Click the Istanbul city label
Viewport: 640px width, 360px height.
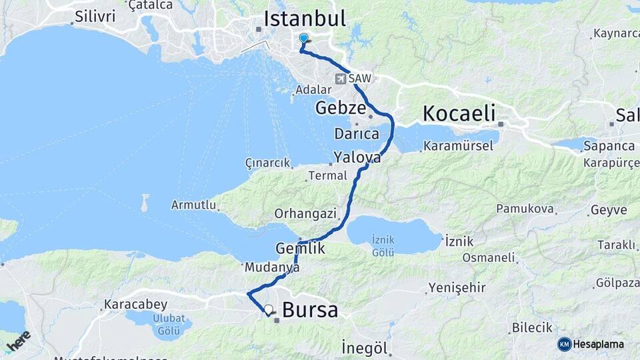305,19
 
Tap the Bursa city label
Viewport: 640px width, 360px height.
310,310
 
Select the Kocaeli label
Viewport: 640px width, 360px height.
459,113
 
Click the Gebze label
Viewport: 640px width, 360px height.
341,108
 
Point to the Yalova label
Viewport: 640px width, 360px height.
357,158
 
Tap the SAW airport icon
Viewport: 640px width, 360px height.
341,79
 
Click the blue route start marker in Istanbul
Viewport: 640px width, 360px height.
304,39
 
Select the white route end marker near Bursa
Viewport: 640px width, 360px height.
268,309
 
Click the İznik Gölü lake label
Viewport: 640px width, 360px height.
383,246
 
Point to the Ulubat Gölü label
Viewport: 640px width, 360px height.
169,323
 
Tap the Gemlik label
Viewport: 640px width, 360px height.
300,248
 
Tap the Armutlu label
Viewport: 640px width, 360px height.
194,205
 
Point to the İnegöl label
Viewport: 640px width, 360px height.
364,347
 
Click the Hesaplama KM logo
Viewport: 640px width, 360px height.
591,344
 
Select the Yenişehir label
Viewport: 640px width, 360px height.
454,287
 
